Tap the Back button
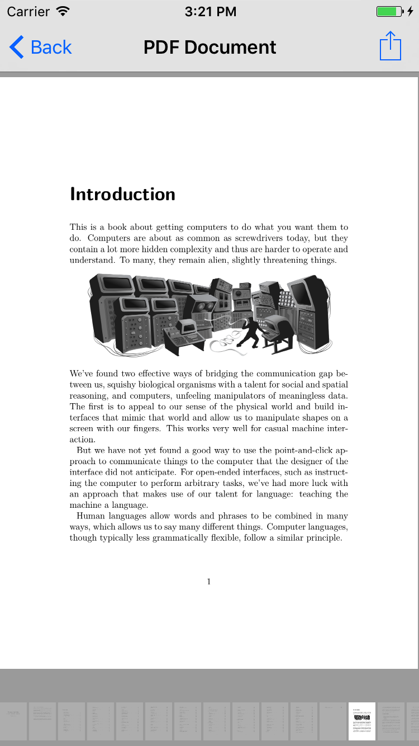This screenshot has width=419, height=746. [x=41, y=48]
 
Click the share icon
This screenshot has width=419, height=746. [x=391, y=46]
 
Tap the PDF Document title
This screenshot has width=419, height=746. [x=209, y=48]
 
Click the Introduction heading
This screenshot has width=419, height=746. [x=122, y=194]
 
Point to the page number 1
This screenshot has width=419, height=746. [x=209, y=582]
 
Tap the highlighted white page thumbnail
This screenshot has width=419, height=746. [x=361, y=721]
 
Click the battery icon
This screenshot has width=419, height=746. [x=389, y=11]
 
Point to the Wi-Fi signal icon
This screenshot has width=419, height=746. [x=63, y=11]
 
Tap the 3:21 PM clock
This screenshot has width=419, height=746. [x=209, y=11]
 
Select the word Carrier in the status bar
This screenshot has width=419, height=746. [x=28, y=11]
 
